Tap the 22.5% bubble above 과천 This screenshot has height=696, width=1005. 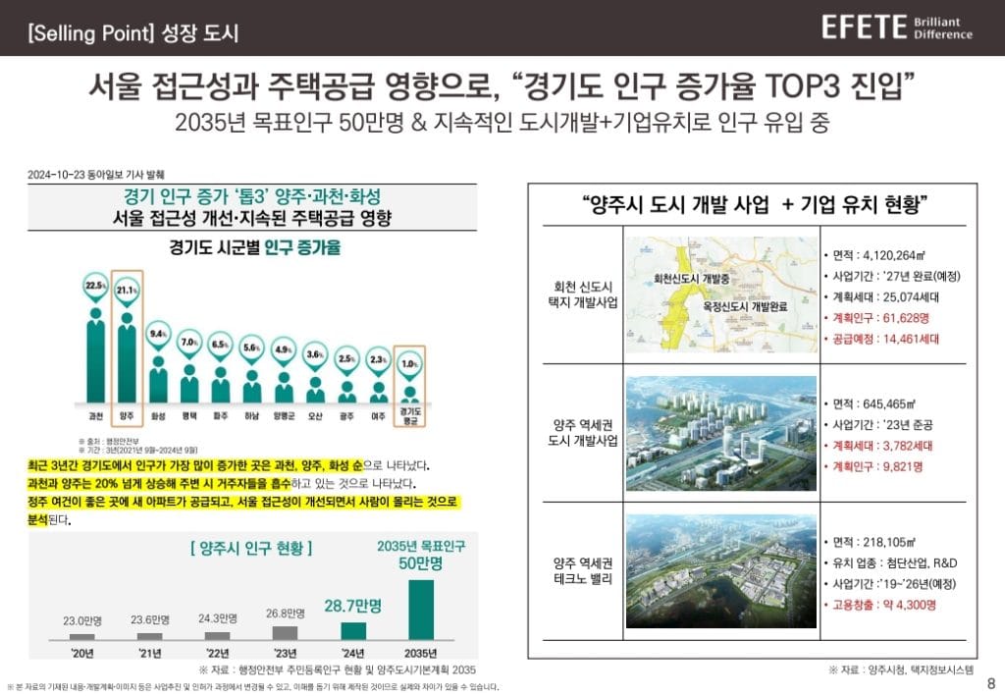(95, 286)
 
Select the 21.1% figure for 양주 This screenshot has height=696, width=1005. (128, 290)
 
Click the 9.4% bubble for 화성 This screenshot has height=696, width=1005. (159, 334)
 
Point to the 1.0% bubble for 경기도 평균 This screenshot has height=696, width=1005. (409, 364)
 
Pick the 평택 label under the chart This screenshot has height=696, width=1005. (189, 416)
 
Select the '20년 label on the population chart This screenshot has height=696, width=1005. (83, 652)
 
